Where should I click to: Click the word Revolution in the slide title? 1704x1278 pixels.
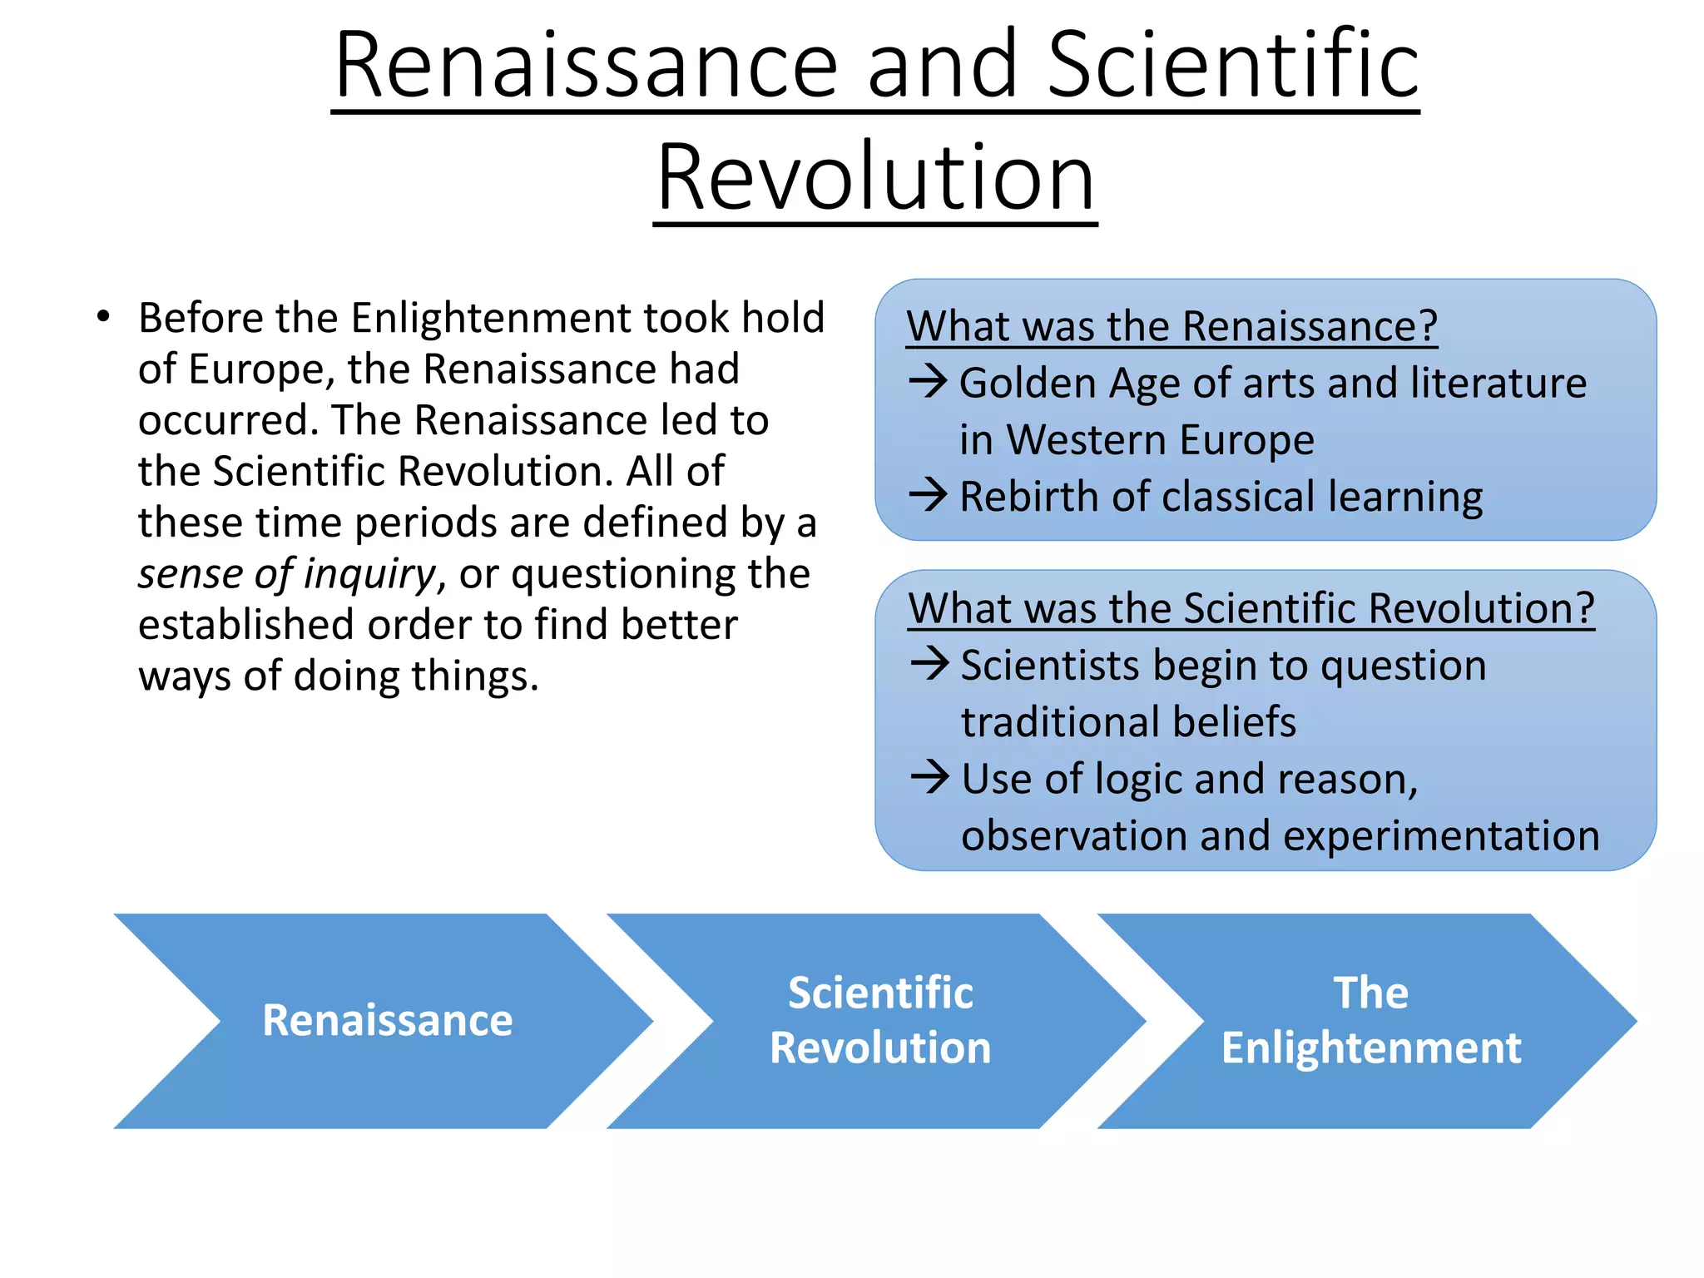[874, 177]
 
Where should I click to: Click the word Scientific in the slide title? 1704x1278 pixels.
[1232, 65]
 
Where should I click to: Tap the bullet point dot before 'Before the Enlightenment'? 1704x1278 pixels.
[102, 316]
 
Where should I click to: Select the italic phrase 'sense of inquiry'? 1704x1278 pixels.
[286, 574]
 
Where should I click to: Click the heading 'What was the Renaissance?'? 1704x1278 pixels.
[1171, 325]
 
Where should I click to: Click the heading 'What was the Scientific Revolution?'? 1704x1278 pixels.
[1251, 608]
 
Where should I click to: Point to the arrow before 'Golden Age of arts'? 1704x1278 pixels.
[928, 382]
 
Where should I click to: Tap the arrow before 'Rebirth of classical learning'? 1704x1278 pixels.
[928, 495]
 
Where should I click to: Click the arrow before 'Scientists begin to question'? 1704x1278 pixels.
[929, 664]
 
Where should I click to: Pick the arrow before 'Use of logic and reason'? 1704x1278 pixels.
[929, 778]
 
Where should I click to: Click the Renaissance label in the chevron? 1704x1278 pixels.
[387, 1020]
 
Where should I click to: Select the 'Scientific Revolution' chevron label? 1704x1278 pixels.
[880, 1020]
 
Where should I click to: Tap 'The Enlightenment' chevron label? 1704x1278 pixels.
[1370, 1020]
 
